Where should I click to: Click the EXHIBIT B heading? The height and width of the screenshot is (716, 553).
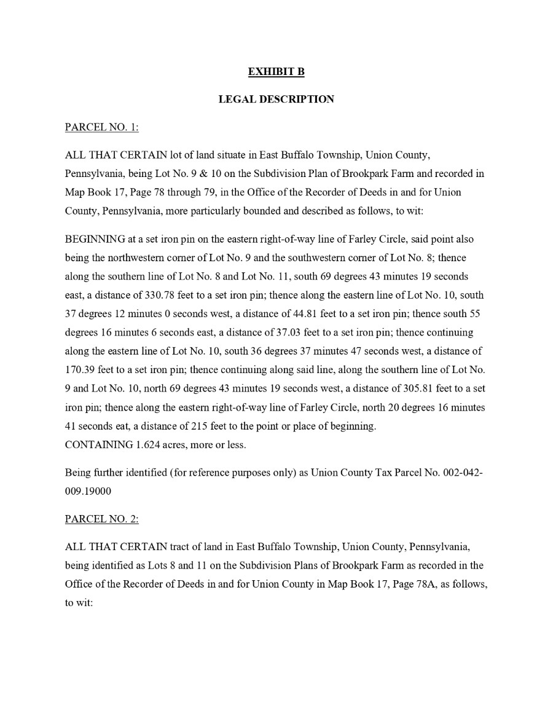pyautogui.click(x=276, y=72)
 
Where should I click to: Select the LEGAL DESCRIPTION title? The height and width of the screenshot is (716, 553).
pyautogui.click(x=276, y=99)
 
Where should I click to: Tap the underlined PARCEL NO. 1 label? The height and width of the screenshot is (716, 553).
pyautogui.click(x=102, y=127)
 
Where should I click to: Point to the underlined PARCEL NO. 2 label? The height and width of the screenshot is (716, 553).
pyautogui.click(x=102, y=519)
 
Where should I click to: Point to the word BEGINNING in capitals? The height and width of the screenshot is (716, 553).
pyautogui.click(x=95, y=238)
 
